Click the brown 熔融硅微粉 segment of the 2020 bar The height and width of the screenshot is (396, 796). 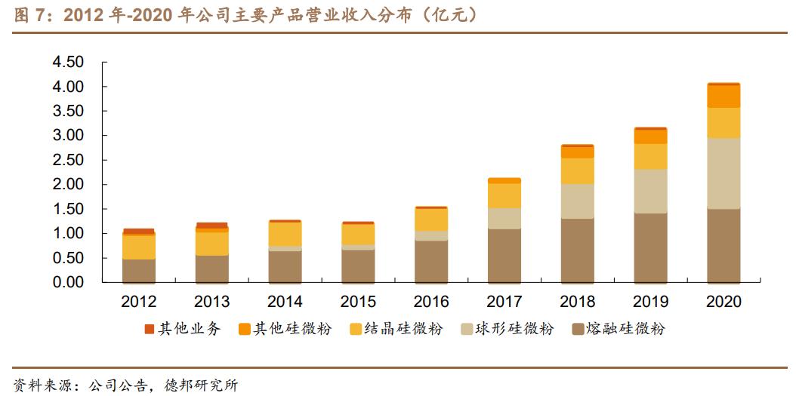(x=723, y=245)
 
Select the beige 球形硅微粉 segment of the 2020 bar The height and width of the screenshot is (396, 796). (x=723, y=173)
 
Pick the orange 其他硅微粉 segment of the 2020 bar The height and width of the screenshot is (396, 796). (x=723, y=97)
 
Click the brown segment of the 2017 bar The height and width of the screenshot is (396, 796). (x=504, y=255)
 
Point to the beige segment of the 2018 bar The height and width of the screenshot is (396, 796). (x=577, y=201)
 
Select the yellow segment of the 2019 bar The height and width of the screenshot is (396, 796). (x=650, y=156)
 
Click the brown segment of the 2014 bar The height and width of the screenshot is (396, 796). (x=285, y=266)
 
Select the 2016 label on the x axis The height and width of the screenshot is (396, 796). (x=431, y=302)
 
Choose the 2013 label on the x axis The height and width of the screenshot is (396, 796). (x=211, y=302)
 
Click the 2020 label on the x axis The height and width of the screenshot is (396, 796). (x=723, y=302)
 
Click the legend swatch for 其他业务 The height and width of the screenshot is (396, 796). (x=149, y=330)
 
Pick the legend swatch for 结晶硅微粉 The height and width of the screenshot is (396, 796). (x=355, y=330)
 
